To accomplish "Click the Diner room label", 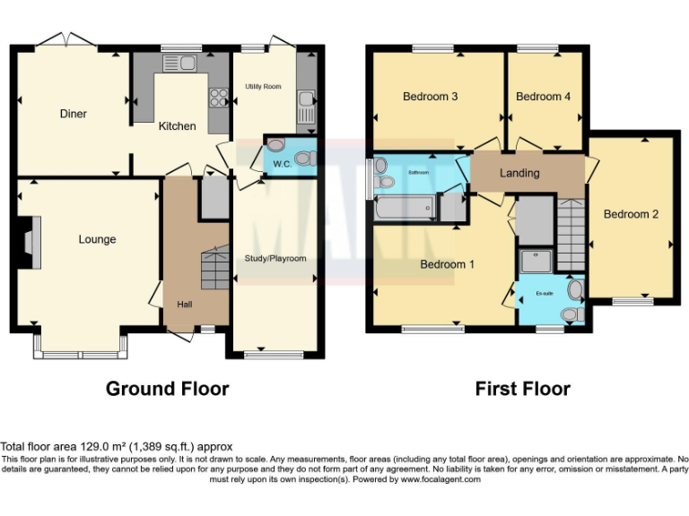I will (x=74, y=114).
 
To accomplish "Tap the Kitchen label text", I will (x=177, y=126).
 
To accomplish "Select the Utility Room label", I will (x=264, y=87).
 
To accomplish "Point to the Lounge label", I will (x=97, y=239).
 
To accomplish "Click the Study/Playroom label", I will (x=275, y=259).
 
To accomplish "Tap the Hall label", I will (x=184, y=305).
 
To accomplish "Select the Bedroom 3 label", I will (x=431, y=97).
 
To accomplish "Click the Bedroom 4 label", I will (x=543, y=97).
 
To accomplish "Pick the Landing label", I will (x=519, y=173).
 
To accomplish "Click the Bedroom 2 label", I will (x=631, y=214).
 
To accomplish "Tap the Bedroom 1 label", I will (x=448, y=264).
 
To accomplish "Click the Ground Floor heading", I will (x=167, y=389).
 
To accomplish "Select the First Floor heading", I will (x=522, y=389).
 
